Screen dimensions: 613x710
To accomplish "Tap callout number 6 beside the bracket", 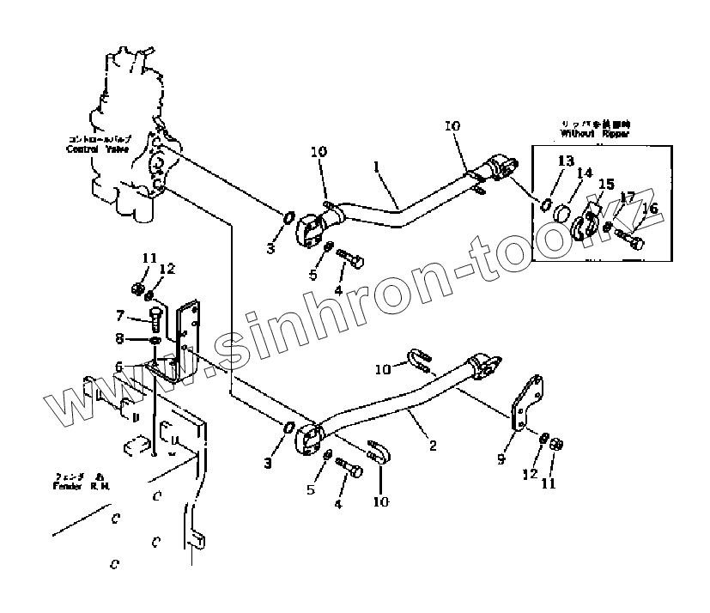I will [119, 367].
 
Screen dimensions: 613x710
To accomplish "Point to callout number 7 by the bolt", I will [120, 315].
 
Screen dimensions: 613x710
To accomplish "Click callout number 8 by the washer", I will [120, 339].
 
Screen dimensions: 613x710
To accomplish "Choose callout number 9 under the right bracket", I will [501, 459].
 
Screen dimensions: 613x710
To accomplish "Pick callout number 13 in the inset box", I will [566, 161].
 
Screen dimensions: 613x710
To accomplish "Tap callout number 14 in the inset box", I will [584, 173].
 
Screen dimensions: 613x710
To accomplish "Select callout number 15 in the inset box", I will [606, 184].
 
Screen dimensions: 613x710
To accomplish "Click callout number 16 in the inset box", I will [650, 208].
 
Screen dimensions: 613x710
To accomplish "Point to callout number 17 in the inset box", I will [628, 197].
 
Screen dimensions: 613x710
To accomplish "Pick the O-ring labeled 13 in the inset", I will [546, 203].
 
